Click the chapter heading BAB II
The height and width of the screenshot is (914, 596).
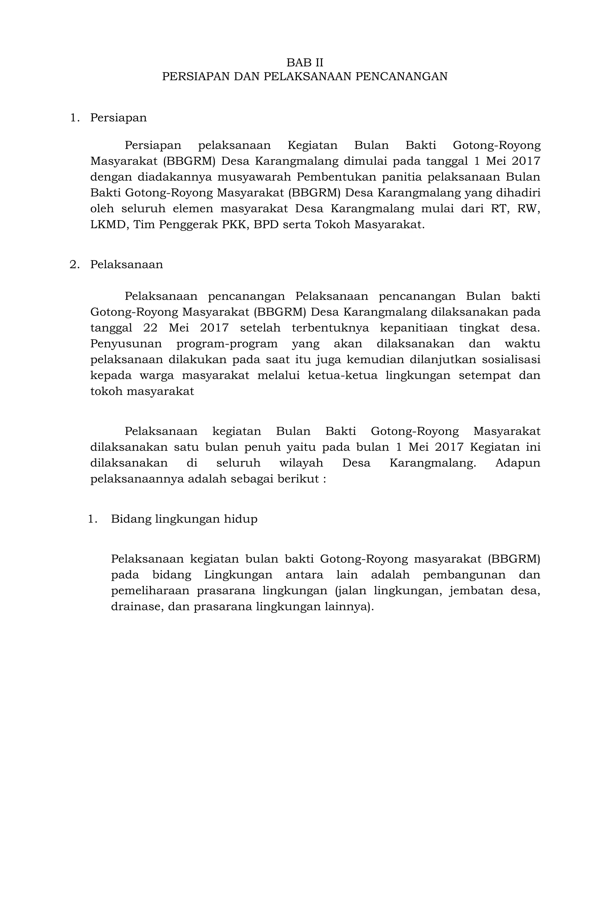[x=304, y=63]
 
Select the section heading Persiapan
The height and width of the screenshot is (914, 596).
[x=118, y=117]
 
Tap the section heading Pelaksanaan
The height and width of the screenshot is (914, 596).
[x=126, y=265]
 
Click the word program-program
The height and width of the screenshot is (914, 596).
[x=227, y=344]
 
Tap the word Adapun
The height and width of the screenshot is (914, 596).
[x=517, y=463]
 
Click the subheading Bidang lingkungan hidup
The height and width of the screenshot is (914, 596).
[x=184, y=519]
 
